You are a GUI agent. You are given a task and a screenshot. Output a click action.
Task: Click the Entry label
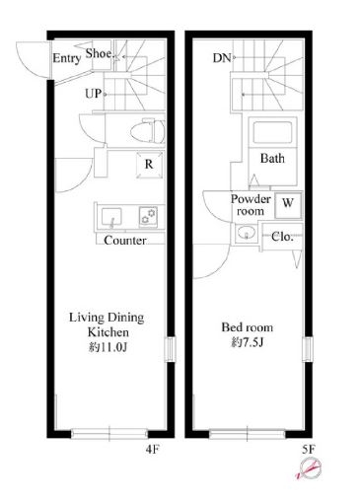[67, 58]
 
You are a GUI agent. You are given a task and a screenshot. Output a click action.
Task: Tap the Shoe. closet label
[100, 53]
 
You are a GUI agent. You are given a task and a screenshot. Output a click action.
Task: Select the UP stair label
[94, 94]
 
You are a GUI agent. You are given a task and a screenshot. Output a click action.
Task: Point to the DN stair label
[222, 58]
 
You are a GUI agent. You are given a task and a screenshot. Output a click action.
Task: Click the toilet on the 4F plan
[148, 131]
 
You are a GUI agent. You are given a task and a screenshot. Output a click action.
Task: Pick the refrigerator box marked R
[149, 165]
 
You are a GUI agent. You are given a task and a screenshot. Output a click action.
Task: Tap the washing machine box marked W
[288, 205]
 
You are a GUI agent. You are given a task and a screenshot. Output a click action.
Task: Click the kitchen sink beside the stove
[111, 217]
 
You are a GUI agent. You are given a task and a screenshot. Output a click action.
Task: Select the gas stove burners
[148, 216]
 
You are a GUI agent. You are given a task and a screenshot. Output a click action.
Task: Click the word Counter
[125, 241]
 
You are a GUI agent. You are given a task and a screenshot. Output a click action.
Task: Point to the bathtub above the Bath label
[272, 132]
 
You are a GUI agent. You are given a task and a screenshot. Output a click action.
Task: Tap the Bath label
[272, 159]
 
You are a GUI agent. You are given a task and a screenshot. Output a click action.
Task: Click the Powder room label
[251, 205]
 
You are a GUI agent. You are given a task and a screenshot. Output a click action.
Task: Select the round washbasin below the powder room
[246, 233]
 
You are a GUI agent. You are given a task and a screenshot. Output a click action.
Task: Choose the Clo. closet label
[282, 237]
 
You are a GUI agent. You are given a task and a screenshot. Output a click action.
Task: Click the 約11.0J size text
[108, 347]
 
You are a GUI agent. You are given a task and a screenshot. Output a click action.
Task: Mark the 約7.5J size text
[248, 342]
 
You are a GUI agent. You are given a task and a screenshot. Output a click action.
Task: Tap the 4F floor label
[152, 449]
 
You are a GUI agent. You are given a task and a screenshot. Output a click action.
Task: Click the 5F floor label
[309, 449]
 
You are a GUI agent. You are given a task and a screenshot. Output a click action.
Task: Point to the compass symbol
[309, 468]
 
